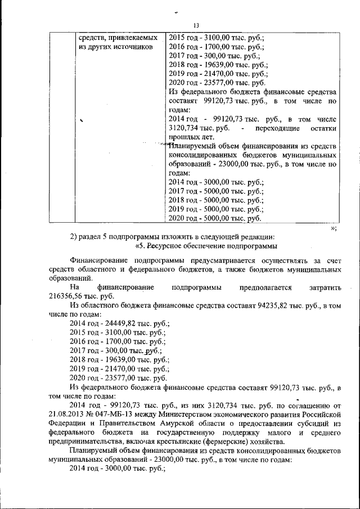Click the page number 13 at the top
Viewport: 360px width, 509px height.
(x=196, y=25)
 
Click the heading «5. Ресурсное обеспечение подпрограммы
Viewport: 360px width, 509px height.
(x=206, y=246)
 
